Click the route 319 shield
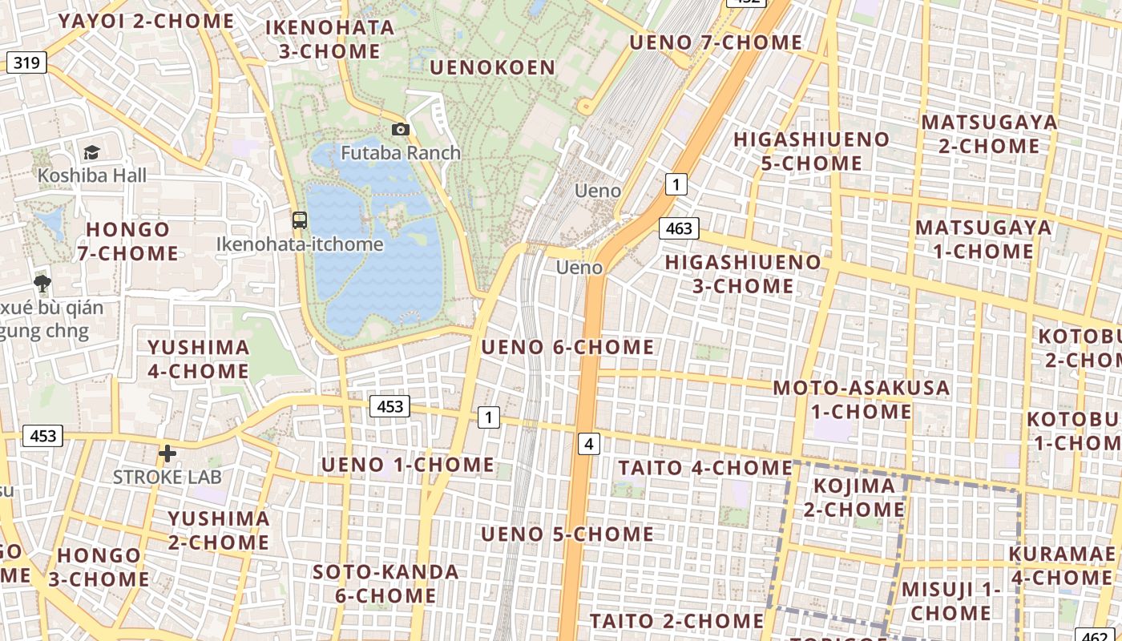26,62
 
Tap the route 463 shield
679,228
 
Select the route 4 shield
589,443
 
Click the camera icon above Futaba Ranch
400,129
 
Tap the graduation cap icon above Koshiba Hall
91,152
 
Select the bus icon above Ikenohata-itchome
300,220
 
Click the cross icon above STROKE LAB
167,454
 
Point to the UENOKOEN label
492,67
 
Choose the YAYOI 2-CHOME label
146,21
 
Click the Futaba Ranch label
401,152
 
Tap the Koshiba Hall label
92,175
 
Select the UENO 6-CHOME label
567,347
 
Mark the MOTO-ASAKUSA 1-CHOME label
862,400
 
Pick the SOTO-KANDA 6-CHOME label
385,583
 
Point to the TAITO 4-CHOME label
705,468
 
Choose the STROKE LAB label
167,477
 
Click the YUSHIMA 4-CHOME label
198,359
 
